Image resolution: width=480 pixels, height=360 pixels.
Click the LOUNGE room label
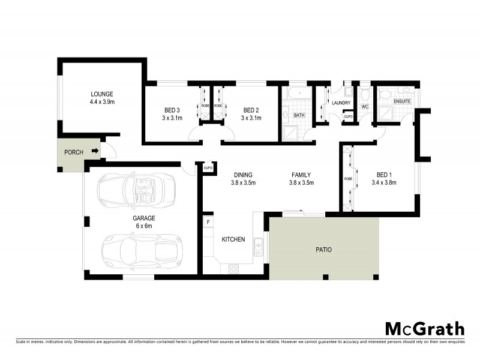click(102, 94)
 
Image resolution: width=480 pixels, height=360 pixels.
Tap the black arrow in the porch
click(95, 152)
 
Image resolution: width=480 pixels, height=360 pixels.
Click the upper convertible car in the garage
click(137, 189)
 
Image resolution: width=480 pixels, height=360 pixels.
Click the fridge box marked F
click(208, 222)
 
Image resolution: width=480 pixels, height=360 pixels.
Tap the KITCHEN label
click(233, 239)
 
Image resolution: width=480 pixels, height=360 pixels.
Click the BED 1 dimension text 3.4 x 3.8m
click(384, 182)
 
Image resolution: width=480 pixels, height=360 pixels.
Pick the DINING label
click(244, 175)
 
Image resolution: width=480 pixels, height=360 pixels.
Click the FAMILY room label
click(302, 175)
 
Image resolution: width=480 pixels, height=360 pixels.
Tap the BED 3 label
click(172, 110)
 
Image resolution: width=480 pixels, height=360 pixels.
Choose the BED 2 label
click(251, 110)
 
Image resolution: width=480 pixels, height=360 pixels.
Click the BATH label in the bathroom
click(299, 114)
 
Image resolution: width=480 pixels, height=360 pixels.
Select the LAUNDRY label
click(340, 103)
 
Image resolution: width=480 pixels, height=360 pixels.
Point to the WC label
click(364, 107)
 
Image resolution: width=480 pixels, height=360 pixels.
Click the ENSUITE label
click(402, 101)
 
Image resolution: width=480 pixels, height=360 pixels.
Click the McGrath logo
click(425, 328)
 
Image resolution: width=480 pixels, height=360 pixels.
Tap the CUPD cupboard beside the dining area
click(208, 168)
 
